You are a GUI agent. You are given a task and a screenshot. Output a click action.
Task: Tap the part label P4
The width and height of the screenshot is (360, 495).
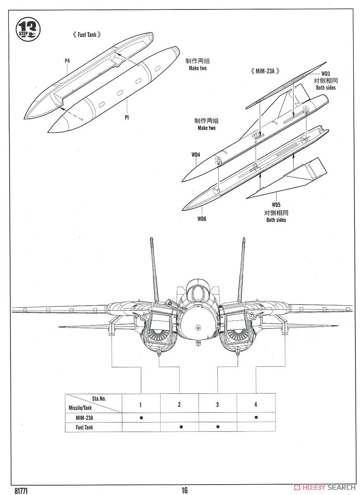(67, 61)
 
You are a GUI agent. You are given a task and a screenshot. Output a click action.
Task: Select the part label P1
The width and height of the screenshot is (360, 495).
(126, 117)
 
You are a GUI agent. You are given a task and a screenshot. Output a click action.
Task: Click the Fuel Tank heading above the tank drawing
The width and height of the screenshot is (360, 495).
(87, 35)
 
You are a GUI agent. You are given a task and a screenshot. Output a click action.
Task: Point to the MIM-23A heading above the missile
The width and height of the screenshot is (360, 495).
(265, 71)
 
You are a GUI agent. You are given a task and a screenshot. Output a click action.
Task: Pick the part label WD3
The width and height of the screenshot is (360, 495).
(325, 74)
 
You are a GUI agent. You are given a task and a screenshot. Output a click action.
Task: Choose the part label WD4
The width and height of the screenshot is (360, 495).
(196, 155)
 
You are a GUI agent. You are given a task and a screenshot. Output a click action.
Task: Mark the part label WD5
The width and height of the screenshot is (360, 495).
(276, 205)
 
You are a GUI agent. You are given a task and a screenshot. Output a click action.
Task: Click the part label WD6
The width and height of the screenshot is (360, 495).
(201, 219)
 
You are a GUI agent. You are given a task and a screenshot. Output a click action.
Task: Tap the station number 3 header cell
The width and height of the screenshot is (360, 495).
(218, 404)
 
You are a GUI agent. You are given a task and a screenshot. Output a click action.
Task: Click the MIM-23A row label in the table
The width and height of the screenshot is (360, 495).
(84, 417)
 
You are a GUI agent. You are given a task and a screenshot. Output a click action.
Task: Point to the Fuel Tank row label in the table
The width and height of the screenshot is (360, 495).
(84, 427)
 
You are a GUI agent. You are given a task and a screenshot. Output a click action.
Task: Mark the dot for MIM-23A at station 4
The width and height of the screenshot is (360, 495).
(256, 417)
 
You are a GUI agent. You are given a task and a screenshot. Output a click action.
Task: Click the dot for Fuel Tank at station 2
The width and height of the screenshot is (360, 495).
(181, 427)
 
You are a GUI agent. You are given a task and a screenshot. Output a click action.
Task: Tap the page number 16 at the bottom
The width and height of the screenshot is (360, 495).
(185, 490)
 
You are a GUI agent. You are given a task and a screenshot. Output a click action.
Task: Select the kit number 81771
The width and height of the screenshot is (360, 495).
(21, 490)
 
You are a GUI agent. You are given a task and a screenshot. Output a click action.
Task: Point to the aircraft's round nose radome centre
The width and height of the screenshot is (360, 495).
(198, 327)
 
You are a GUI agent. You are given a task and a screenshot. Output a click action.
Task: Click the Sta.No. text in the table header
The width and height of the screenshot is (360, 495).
(99, 398)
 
